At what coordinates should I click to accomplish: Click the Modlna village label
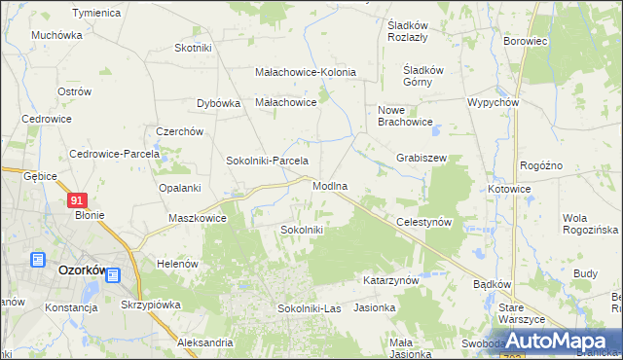(x=330, y=185)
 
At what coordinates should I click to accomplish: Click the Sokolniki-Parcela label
(x=267, y=161)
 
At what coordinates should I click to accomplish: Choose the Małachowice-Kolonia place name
(x=305, y=72)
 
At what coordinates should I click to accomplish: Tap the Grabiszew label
(x=421, y=157)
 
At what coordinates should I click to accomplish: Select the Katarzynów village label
(x=390, y=280)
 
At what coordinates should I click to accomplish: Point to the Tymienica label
(x=95, y=13)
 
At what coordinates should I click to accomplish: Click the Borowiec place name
(x=527, y=43)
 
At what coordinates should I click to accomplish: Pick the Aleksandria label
(x=204, y=342)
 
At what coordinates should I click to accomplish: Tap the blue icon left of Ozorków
(x=38, y=260)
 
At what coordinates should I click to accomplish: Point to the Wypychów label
(x=495, y=102)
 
